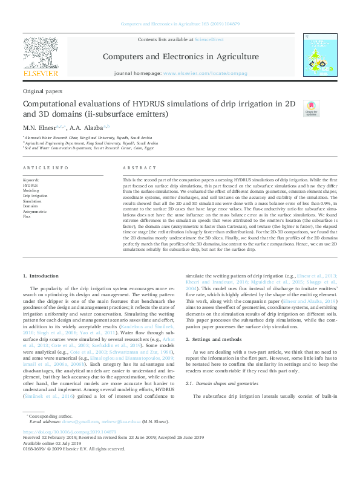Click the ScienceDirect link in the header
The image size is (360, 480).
coord(209,40)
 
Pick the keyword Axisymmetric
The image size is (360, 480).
coord(34,212)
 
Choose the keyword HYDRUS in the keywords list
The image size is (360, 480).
coord(30,185)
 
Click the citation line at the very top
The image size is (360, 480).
coord(180,24)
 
